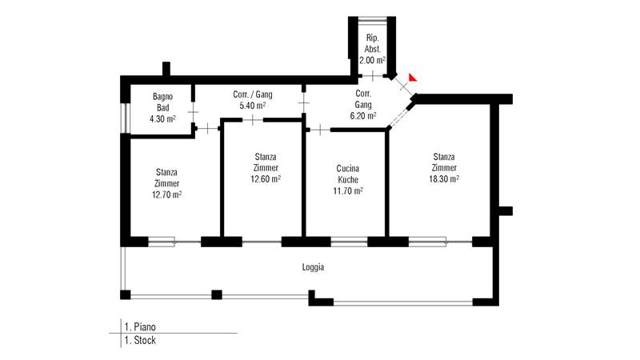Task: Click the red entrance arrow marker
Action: coord(412,78)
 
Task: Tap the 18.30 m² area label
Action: coord(444,178)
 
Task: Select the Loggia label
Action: coord(313,267)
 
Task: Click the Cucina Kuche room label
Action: coord(348,174)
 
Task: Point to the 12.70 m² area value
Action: coord(166,194)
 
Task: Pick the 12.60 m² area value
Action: coord(266,178)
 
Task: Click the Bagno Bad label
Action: coord(163,102)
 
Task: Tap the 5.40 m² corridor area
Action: coord(253,106)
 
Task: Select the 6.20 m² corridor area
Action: coord(363,115)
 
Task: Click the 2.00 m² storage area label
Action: coord(372,61)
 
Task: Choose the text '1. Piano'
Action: coord(140,327)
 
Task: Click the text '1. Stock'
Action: coord(140,341)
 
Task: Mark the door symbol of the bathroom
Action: coord(193,112)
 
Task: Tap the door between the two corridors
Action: coord(304,102)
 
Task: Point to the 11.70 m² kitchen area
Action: coord(348,190)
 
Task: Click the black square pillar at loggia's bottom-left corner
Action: coord(126,294)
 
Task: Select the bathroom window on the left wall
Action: coord(126,118)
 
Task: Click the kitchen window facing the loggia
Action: coord(349,242)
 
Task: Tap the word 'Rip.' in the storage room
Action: coord(372,38)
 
